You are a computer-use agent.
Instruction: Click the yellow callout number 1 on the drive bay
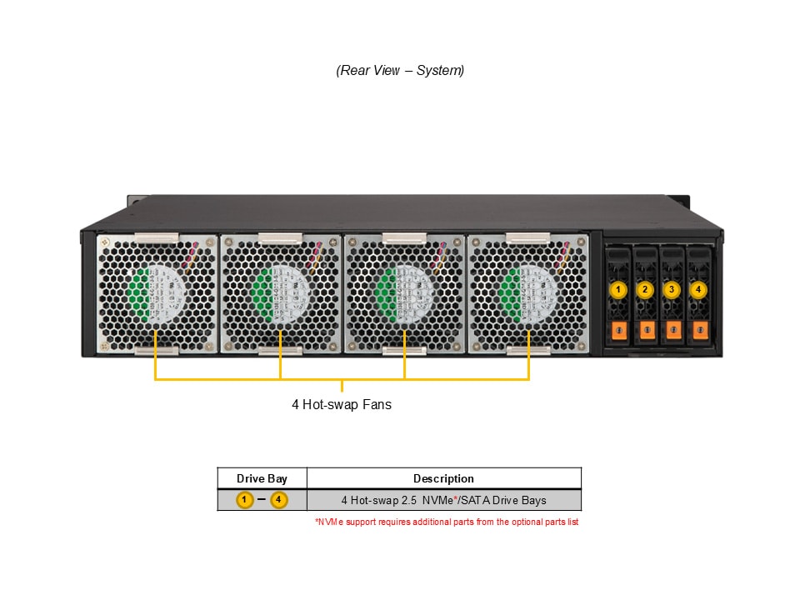pos(617,290)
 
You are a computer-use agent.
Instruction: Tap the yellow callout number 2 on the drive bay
pos(644,290)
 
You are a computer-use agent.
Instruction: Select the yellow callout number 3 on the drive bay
pos(672,290)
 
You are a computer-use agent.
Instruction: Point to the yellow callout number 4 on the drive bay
pos(698,290)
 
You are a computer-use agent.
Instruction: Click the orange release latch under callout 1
pos(617,330)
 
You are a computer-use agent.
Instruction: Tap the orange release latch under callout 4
pos(698,330)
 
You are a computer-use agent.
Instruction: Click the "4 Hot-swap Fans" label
pos(342,405)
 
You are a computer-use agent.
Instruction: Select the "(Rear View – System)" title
pos(400,71)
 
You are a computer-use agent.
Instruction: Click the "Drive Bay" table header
pos(262,478)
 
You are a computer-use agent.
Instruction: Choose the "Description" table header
pos(443,478)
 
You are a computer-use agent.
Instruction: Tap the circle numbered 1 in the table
pos(244,500)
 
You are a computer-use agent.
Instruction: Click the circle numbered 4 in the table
pos(279,500)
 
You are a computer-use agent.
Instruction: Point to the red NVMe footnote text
pos(447,522)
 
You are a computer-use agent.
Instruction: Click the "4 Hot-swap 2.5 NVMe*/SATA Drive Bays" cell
pos(443,500)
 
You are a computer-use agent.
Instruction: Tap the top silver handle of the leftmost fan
pos(157,239)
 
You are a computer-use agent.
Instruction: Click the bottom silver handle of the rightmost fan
pos(528,350)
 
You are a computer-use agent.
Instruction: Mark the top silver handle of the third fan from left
pos(404,239)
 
